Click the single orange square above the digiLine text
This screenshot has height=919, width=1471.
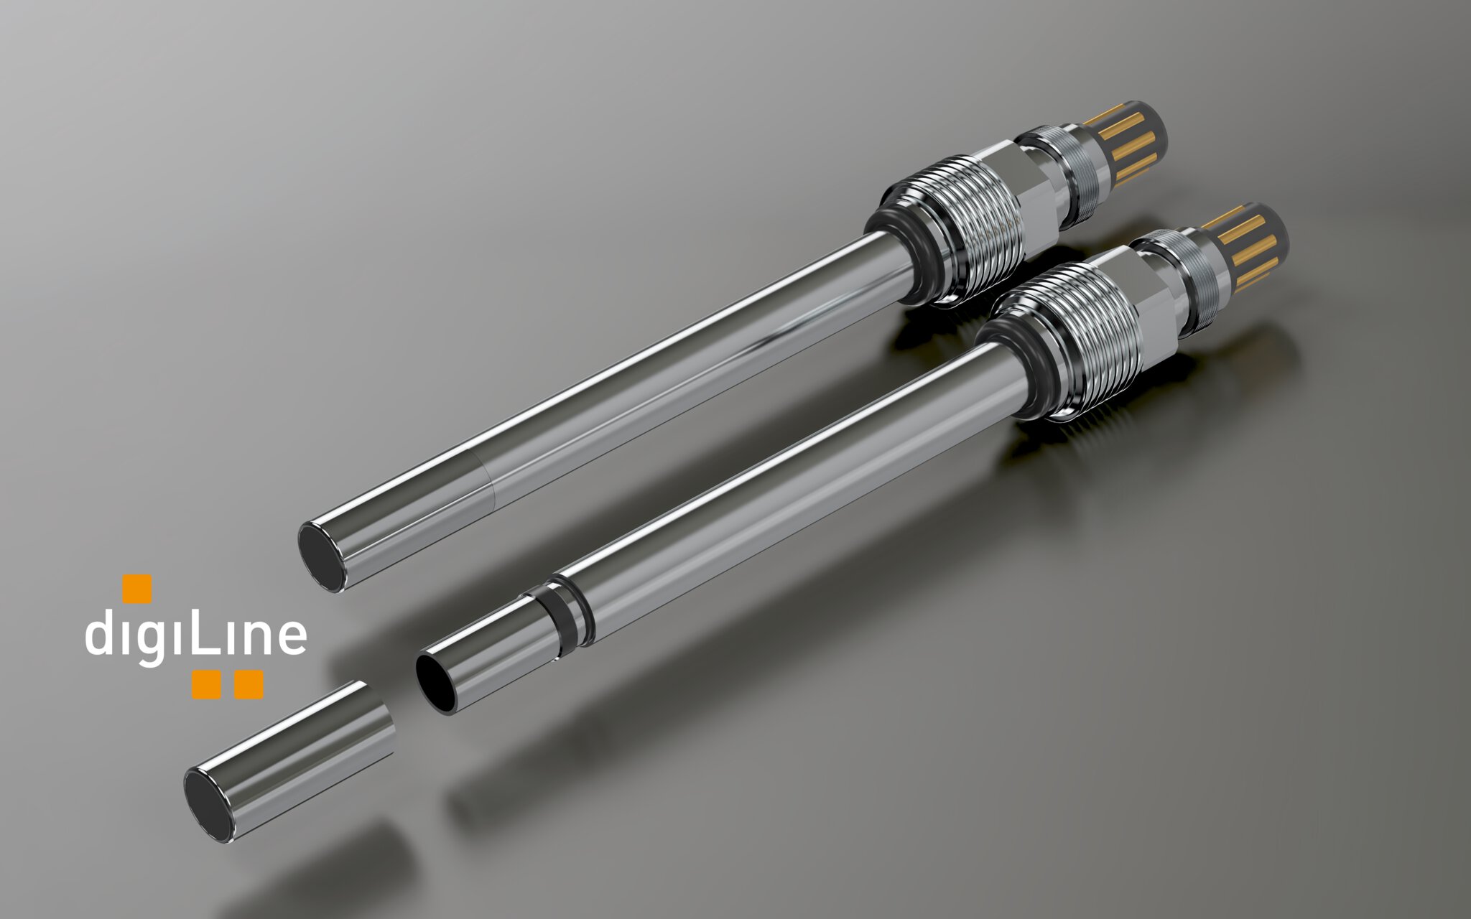[137, 588]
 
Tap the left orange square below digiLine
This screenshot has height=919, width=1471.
[206, 684]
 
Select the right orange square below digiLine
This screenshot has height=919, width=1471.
[249, 684]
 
